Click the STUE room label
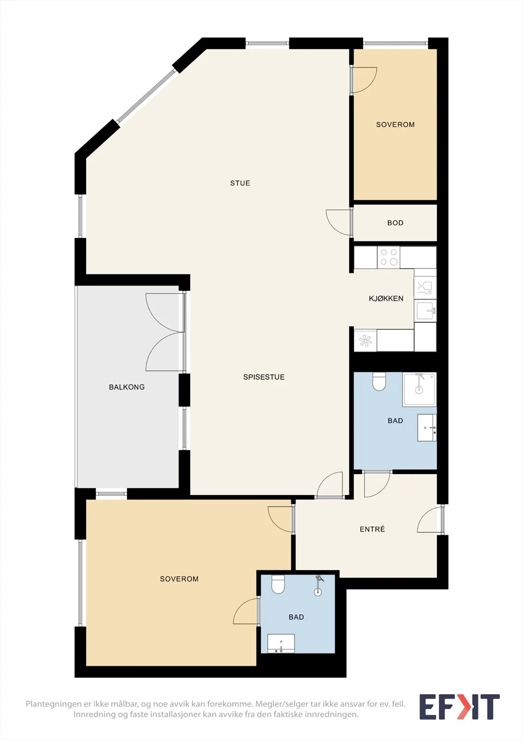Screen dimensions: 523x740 240,183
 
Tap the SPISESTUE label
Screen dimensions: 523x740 264,377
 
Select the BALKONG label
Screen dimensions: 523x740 127,387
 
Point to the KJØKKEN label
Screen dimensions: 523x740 386,299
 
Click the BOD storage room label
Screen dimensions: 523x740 395,223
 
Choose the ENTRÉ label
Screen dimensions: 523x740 372,529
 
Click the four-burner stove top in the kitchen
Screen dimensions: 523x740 388,257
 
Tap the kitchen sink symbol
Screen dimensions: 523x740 425,311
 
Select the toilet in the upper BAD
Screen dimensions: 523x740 379,382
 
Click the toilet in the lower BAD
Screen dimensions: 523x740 278,585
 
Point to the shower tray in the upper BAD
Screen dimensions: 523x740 419,389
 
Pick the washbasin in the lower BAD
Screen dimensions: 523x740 281,643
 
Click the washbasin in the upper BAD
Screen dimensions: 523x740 427,428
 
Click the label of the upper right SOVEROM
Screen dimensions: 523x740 395,124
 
